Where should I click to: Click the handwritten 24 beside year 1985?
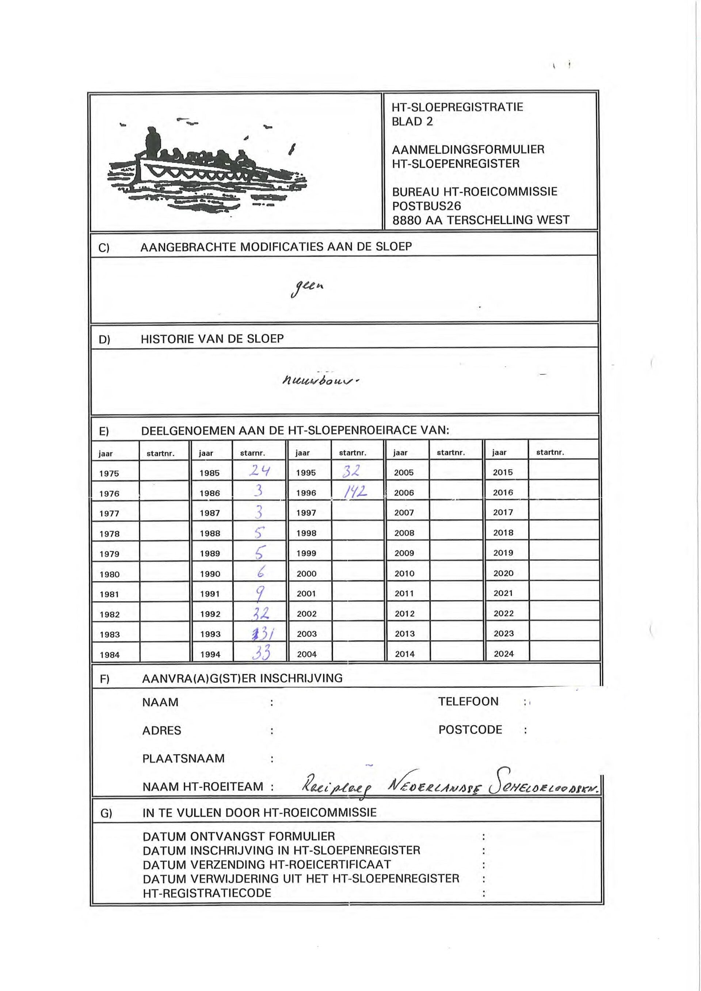coord(259,470)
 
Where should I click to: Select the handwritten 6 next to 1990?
coord(261,572)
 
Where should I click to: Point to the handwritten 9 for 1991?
coord(259,594)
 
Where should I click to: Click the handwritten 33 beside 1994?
coord(261,653)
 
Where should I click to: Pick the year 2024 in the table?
coord(503,653)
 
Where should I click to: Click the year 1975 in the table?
coord(109,473)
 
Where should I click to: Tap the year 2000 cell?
coord(306,573)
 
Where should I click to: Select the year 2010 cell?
coord(404,573)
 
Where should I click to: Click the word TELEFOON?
coord(468,701)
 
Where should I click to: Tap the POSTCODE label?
coord(470,729)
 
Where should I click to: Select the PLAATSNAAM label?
coord(183,758)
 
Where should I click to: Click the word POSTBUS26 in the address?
coord(426,206)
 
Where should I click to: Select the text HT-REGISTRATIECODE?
coord(207,893)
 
